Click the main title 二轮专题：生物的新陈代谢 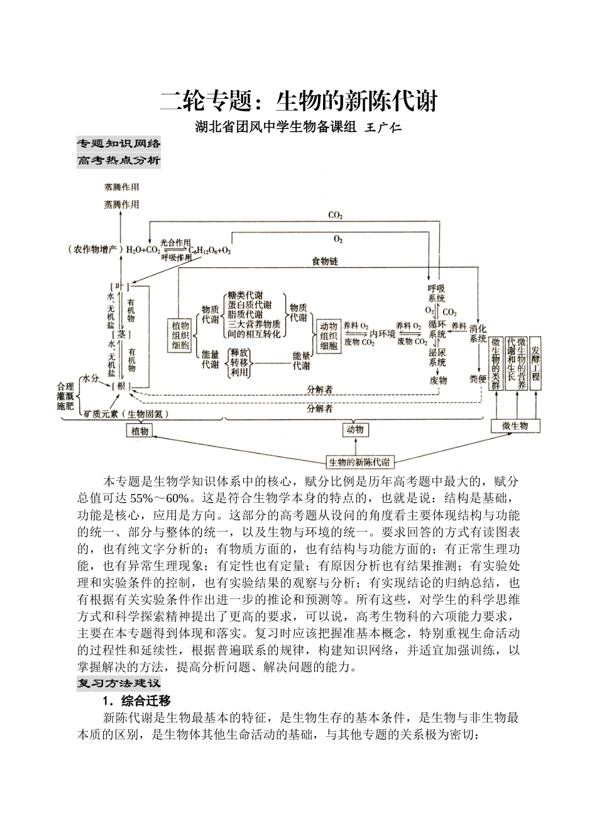(298, 101)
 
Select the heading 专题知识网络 (119, 142)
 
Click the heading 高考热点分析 (119, 160)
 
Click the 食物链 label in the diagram (325, 260)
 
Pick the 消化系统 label (478, 333)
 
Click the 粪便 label (478, 379)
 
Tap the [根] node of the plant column (119, 386)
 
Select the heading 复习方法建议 (119, 683)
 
